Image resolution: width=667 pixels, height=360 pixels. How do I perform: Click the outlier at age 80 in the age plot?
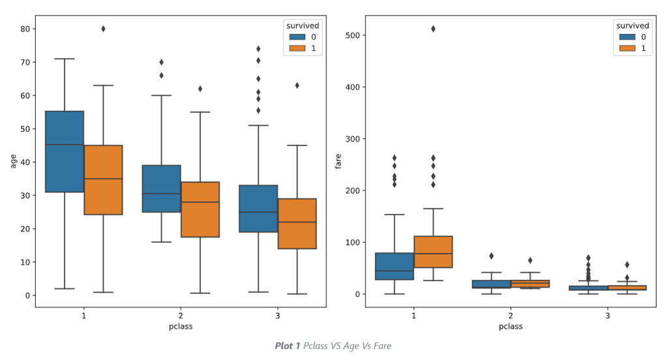[103, 29]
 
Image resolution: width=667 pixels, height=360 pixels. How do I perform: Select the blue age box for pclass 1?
[65, 151]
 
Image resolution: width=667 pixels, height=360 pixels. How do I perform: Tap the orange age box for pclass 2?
[200, 209]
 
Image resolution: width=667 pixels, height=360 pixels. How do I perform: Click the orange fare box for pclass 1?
[433, 252]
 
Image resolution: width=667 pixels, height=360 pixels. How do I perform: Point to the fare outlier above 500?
[433, 29]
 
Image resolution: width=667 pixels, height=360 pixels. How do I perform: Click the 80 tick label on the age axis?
[25, 29]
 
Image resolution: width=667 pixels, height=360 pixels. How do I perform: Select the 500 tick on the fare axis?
[353, 35]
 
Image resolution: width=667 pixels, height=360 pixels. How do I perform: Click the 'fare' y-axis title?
[338, 161]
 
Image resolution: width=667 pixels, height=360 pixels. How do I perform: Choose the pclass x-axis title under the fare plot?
[511, 327]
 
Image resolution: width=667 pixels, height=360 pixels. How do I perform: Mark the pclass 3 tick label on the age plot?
[278, 316]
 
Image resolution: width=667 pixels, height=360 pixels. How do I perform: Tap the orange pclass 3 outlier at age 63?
[297, 85]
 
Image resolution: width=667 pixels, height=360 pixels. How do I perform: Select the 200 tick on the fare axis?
[353, 190]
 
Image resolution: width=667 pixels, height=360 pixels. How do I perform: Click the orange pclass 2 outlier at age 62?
[200, 89]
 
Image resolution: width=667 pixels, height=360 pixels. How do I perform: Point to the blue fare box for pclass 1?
[394, 266]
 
